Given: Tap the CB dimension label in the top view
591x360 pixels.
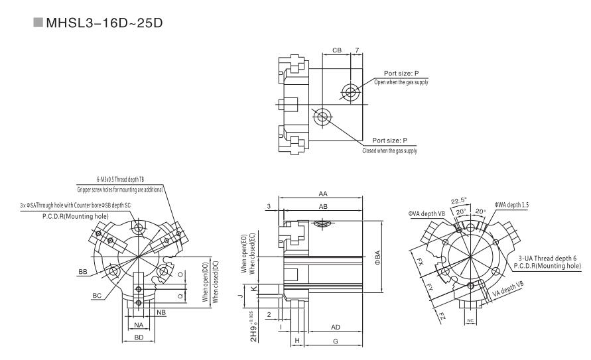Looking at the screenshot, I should (336, 50).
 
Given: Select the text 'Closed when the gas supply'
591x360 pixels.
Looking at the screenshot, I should (390, 150).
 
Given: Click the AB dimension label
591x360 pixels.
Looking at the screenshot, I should (322, 206).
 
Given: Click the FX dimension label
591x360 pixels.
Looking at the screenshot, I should (420, 261).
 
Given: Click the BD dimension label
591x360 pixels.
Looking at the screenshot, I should (139, 337).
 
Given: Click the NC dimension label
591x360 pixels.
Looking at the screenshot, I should (470, 320).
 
